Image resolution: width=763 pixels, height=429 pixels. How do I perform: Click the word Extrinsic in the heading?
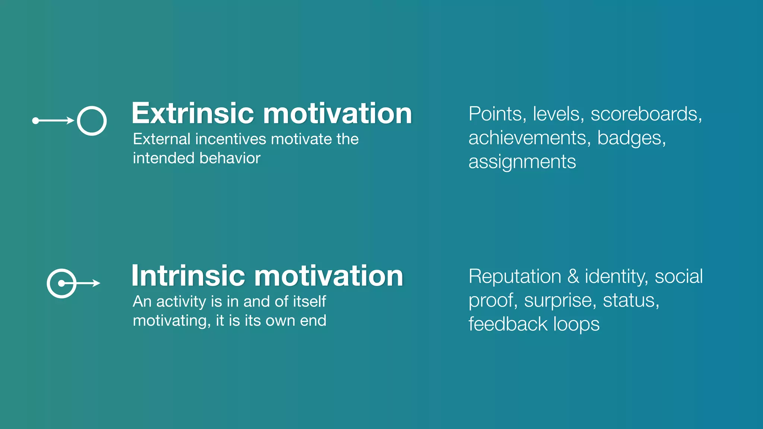pos(193,113)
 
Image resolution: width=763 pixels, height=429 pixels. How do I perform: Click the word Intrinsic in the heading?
pos(188,276)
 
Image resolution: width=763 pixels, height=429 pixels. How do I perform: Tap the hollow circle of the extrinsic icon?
pos(92,121)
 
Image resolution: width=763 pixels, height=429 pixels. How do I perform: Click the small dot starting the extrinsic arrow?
pos(35,121)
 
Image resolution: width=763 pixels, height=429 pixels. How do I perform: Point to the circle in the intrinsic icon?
pos(61,283)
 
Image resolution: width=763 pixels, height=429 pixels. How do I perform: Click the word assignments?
pos(522,162)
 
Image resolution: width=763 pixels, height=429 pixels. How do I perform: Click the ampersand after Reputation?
pos(573,277)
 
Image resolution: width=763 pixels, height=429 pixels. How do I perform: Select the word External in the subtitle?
pos(162,139)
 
